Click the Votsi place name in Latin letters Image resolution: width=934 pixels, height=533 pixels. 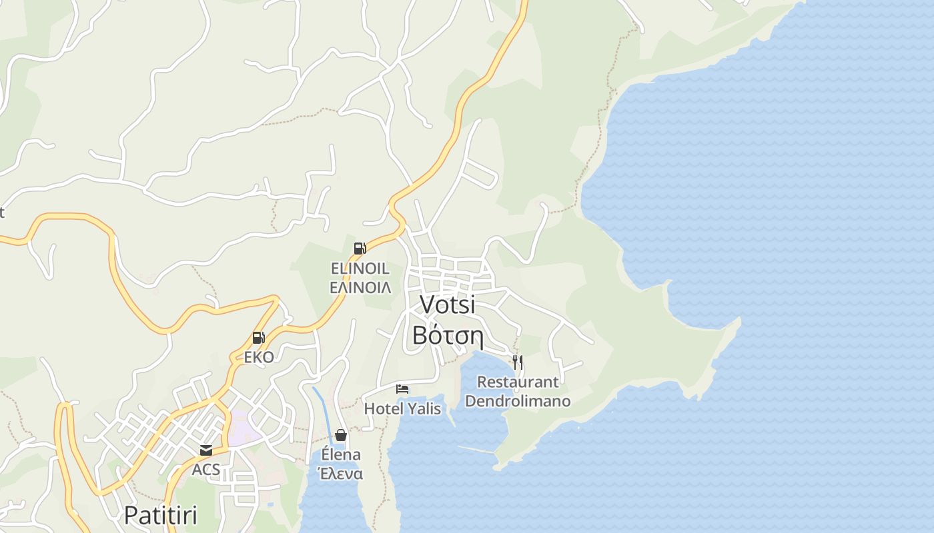447,304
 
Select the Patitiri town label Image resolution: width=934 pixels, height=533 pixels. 161,514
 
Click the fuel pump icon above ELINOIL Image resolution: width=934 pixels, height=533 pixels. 360,249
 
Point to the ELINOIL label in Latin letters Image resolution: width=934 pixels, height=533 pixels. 360,268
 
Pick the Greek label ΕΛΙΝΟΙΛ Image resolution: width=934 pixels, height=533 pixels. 360,287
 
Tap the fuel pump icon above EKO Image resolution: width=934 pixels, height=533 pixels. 258,338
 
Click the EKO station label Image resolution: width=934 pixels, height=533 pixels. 258,357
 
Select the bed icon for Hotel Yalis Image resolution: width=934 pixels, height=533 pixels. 402,388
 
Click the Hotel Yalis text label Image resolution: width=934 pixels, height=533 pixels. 402,408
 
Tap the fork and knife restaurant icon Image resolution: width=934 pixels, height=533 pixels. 518,362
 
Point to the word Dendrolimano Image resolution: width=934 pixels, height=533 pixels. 518,401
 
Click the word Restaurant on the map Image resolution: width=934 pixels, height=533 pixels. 518,382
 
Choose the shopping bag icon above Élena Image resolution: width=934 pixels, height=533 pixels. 341,435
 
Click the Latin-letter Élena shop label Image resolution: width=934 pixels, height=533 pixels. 341,455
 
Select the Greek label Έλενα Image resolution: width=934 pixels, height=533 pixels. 341,474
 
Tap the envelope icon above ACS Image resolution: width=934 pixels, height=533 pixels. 206,450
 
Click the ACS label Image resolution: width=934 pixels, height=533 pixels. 206,470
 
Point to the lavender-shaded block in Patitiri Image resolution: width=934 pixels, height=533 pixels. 243,429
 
